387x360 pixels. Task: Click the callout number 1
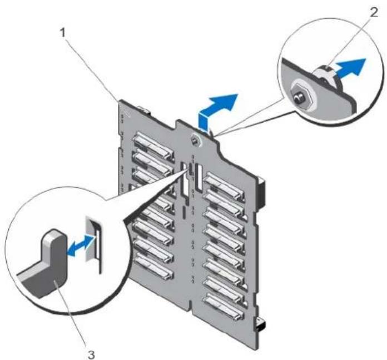click(x=64, y=33)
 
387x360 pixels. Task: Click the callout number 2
click(x=374, y=12)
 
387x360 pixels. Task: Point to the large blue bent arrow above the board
click(x=217, y=110)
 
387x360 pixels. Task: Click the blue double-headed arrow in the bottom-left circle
click(x=81, y=246)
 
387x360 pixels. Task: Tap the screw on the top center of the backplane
click(x=195, y=141)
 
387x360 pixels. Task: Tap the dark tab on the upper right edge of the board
click(x=261, y=192)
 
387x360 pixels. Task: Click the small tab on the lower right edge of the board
click(x=260, y=323)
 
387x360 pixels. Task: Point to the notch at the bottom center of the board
click(x=192, y=303)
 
